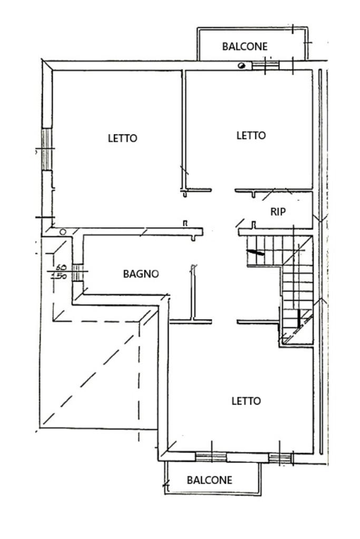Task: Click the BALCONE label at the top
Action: (245, 46)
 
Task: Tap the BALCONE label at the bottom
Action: (209, 480)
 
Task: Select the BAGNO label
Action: (141, 273)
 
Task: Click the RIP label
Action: (278, 212)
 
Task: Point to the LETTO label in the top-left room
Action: (122, 138)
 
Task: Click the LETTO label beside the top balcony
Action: (251, 135)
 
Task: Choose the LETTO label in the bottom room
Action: (246, 401)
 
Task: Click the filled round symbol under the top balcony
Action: (241, 66)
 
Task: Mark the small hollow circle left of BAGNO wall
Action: (63, 232)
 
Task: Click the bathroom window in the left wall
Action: (77, 273)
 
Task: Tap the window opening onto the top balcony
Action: (265, 65)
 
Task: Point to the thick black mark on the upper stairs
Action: (256, 253)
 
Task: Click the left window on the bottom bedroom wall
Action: (211, 456)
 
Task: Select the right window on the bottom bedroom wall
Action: (279, 457)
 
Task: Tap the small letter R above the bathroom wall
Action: (184, 223)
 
